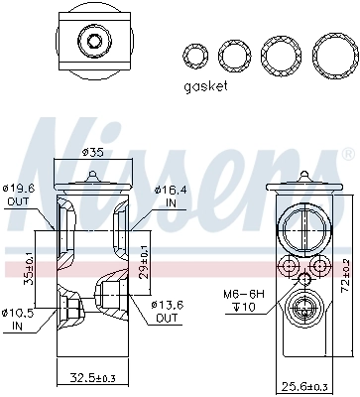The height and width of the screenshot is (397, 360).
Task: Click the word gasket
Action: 205,86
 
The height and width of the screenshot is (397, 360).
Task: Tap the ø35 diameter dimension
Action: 91,153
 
